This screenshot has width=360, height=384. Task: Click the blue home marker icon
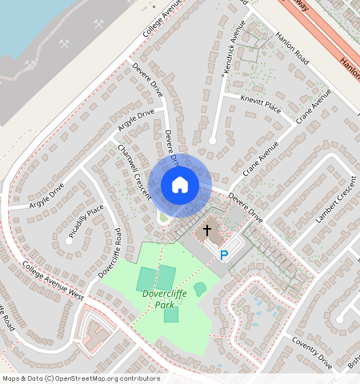(180, 185)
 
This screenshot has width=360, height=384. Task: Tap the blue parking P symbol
(224, 255)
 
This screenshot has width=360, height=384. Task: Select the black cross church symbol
(207, 230)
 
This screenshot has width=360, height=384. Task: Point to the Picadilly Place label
(86, 222)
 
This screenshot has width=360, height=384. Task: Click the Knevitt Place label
(261, 104)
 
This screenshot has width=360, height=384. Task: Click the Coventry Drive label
(311, 352)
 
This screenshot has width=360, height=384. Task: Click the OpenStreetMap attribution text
(81, 378)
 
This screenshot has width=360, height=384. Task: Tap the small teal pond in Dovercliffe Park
(199, 288)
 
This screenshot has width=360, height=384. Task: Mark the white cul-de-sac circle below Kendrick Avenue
(212, 141)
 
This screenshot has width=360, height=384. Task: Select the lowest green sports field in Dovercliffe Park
(171, 315)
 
